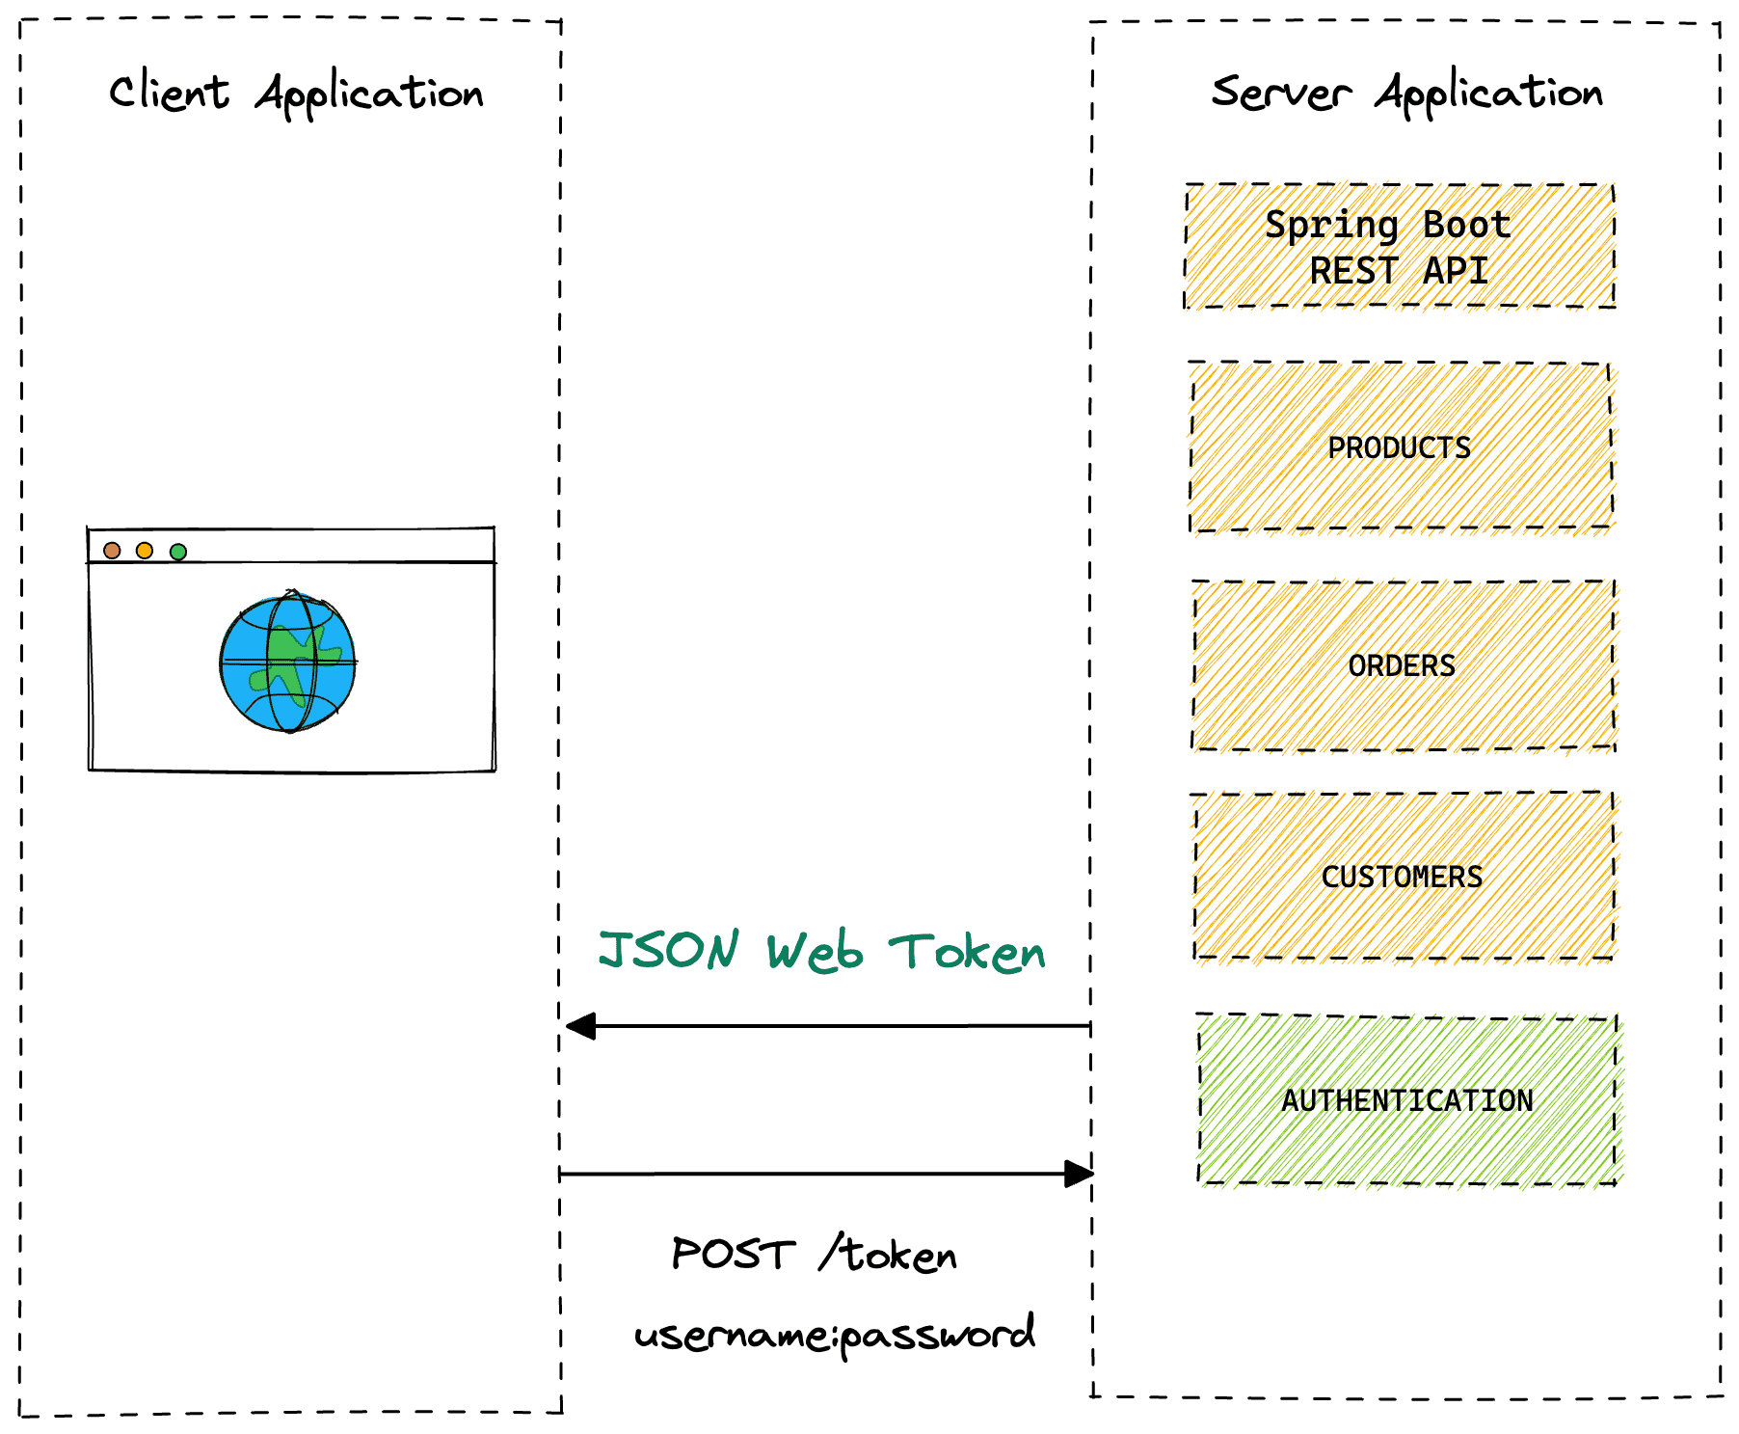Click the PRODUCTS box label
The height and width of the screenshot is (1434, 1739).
click(1399, 447)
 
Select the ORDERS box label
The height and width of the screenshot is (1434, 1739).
click(1402, 665)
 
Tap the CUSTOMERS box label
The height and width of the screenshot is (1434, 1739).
click(1402, 877)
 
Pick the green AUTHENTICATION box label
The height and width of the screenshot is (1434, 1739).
click(1406, 1100)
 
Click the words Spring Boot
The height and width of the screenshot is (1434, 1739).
click(1387, 225)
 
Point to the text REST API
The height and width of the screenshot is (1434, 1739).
click(1398, 271)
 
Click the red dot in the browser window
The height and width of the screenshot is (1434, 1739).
click(112, 550)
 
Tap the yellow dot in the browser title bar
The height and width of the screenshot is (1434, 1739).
click(145, 550)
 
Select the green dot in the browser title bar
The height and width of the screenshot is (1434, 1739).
click(178, 552)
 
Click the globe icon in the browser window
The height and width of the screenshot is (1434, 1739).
click(288, 663)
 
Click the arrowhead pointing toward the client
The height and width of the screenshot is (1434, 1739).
click(580, 1026)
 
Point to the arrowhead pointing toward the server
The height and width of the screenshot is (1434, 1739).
click(1079, 1174)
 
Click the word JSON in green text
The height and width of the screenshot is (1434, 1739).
click(669, 950)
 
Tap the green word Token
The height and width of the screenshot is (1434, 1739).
click(967, 952)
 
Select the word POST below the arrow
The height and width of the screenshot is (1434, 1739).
click(733, 1254)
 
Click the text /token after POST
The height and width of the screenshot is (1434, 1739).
click(889, 1254)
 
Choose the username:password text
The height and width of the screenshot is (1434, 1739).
click(835, 1335)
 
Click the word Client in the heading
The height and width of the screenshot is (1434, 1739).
click(169, 94)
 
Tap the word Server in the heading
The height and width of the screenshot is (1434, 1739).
click(1280, 94)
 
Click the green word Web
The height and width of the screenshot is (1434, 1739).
click(815, 952)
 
